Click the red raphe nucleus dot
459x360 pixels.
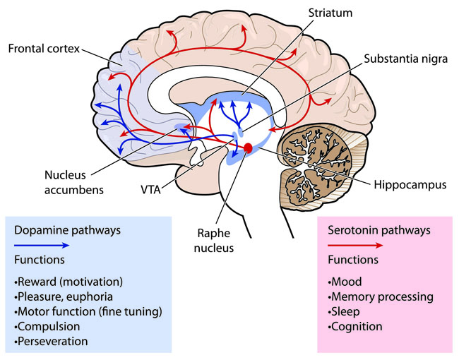click(248, 148)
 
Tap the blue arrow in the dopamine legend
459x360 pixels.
click(42, 245)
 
